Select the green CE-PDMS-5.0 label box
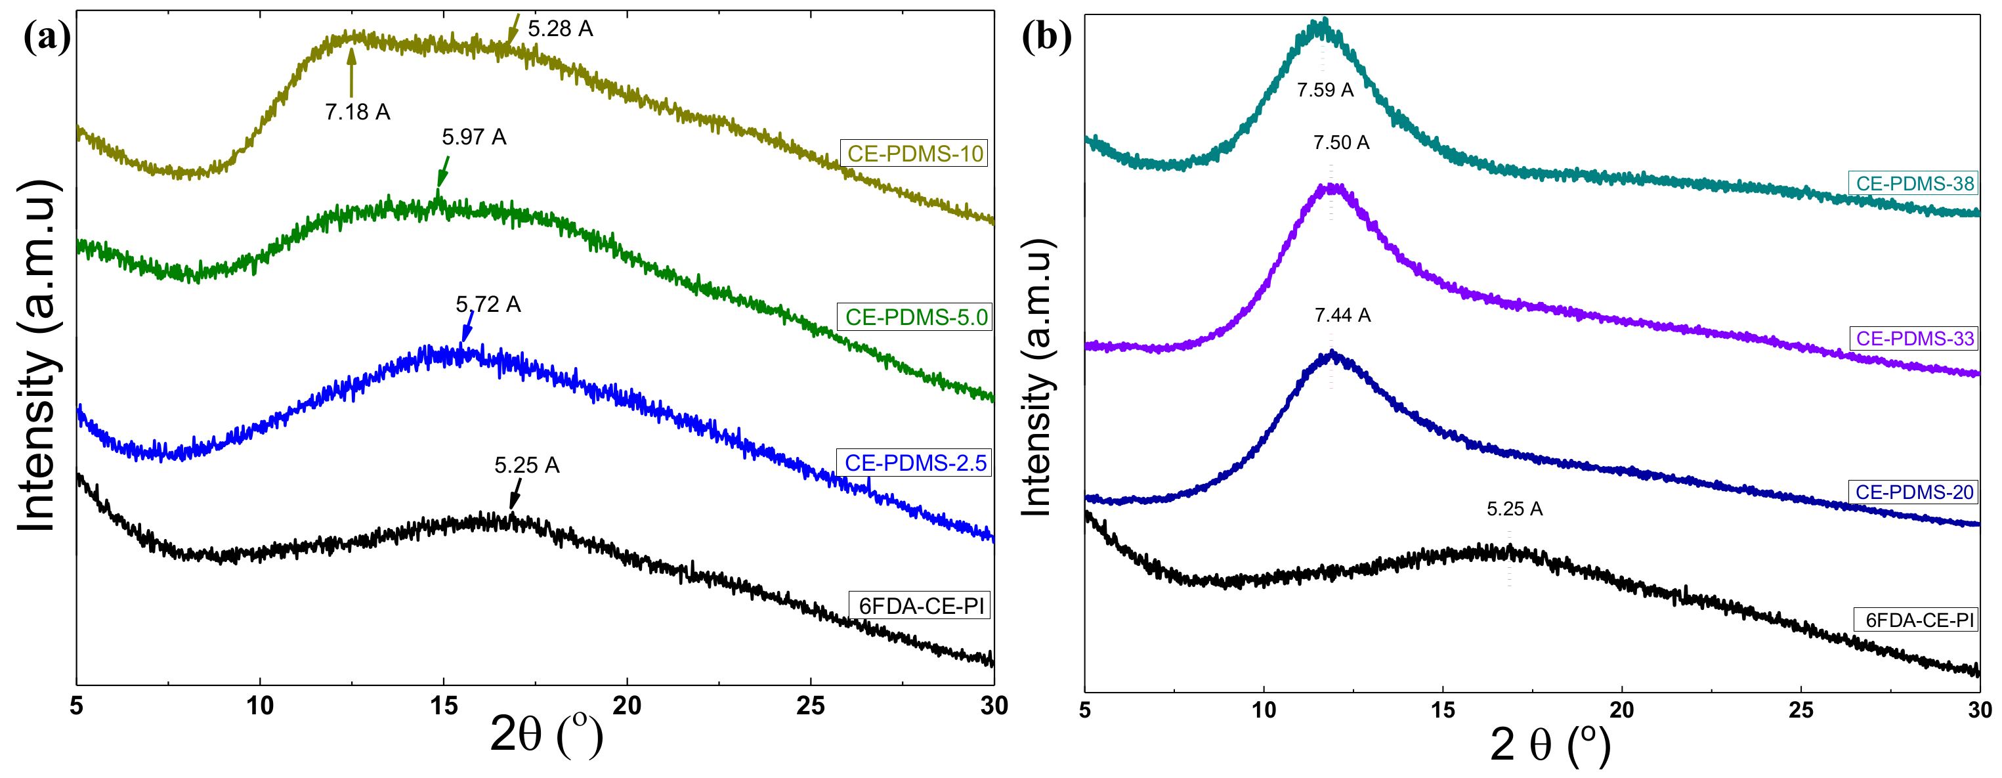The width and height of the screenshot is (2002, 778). (x=915, y=317)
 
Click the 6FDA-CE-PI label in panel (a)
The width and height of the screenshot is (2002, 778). (x=921, y=605)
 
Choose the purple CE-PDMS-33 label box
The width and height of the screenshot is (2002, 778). (x=1914, y=338)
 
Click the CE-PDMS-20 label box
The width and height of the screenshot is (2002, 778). (x=1913, y=492)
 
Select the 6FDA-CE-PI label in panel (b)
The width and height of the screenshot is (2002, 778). (x=1919, y=620)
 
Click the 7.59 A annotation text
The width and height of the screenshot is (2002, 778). (x=1325, y=90)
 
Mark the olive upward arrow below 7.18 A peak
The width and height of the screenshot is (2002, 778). (x=351, y=72)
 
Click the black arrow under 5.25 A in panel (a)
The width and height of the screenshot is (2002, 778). (x=515, y=494)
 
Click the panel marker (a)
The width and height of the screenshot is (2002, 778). (x=47, y=37)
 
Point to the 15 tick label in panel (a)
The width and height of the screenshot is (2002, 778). (x=444, y=706)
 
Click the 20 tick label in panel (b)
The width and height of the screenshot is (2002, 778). (x=1622, y=710)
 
